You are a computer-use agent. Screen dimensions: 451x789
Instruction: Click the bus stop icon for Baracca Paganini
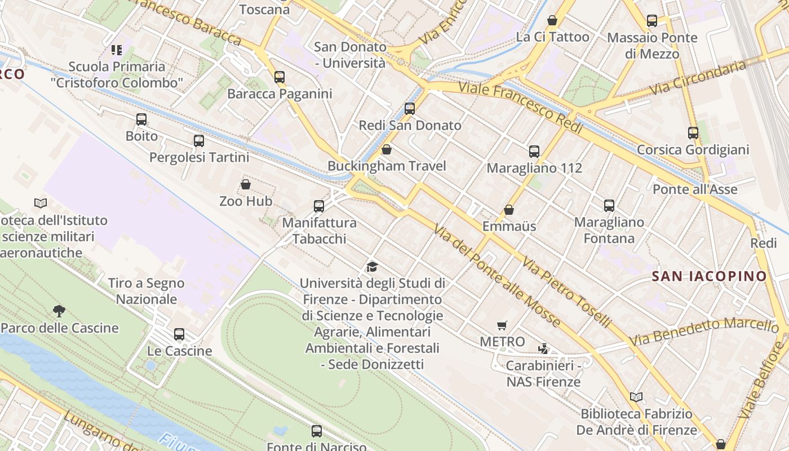click(x=280, y=77)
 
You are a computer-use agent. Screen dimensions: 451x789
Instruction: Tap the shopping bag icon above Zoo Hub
click(x=246, y=184)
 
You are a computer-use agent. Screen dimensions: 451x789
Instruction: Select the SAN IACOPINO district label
click(x=709, y=276)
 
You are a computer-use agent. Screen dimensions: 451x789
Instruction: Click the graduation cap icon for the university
click(x=372, y=267)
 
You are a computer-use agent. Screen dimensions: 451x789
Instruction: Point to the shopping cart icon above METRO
click(x=502, y=325)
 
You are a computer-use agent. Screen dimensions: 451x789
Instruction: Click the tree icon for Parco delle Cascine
click(x=59, y=311)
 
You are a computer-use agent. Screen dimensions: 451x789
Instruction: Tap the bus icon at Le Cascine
click(x=179, y=334)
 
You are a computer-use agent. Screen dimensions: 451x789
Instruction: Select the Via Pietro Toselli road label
click(x=566, y=292)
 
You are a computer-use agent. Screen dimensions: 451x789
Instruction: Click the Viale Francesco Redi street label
click(x=521, y=107)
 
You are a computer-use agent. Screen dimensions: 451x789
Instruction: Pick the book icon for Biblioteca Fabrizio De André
click(x=636, y=397)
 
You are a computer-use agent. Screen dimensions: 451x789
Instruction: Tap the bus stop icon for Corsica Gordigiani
click(x=693, y=133)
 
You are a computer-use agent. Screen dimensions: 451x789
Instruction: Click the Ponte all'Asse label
click(x=695, y=189)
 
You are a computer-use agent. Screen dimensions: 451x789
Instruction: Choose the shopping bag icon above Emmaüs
click(x=509, y=210)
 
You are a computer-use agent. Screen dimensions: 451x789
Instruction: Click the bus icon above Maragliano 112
click(x=534, y=151)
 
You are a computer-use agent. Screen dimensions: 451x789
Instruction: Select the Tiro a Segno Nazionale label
click(x=147, y=291)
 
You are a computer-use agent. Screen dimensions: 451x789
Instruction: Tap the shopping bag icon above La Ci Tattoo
click(x=552, y=20)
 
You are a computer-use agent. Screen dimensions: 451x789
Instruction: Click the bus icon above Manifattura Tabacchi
click(x=319, y=206)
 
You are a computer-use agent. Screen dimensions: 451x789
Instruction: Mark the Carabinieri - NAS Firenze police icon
click(x=543, y=348)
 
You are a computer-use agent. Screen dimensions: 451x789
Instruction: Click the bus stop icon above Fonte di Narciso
click(x=317, y=431)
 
